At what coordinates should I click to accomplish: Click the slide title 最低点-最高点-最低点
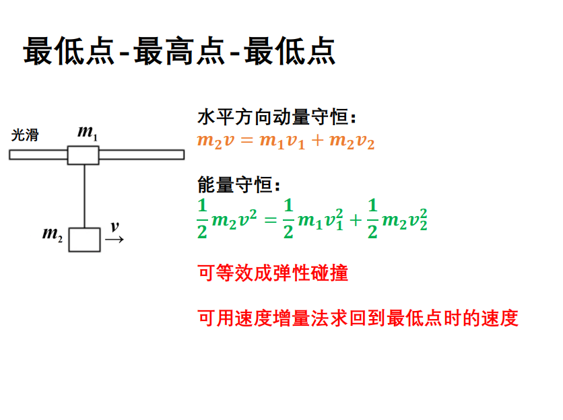click(x=179, y=52)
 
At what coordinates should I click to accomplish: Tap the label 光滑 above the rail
click(x=26, y=135)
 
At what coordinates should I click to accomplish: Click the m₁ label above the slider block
click(x=88, y=133)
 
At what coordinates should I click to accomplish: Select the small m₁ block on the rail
click(x=84, y=155)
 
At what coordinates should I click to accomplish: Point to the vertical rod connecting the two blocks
click(x=84, y=195)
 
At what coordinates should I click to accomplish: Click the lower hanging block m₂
click(x=84, y=240)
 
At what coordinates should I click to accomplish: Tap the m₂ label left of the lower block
click(x=53, y=234)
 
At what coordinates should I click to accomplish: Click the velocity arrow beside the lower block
click(x=114, y=239)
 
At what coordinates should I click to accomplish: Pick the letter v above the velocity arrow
click(x=114, y=227)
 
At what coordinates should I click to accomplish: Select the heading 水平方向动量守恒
click(x=276, y=118)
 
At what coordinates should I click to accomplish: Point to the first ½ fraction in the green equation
click(x=202, y=218)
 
